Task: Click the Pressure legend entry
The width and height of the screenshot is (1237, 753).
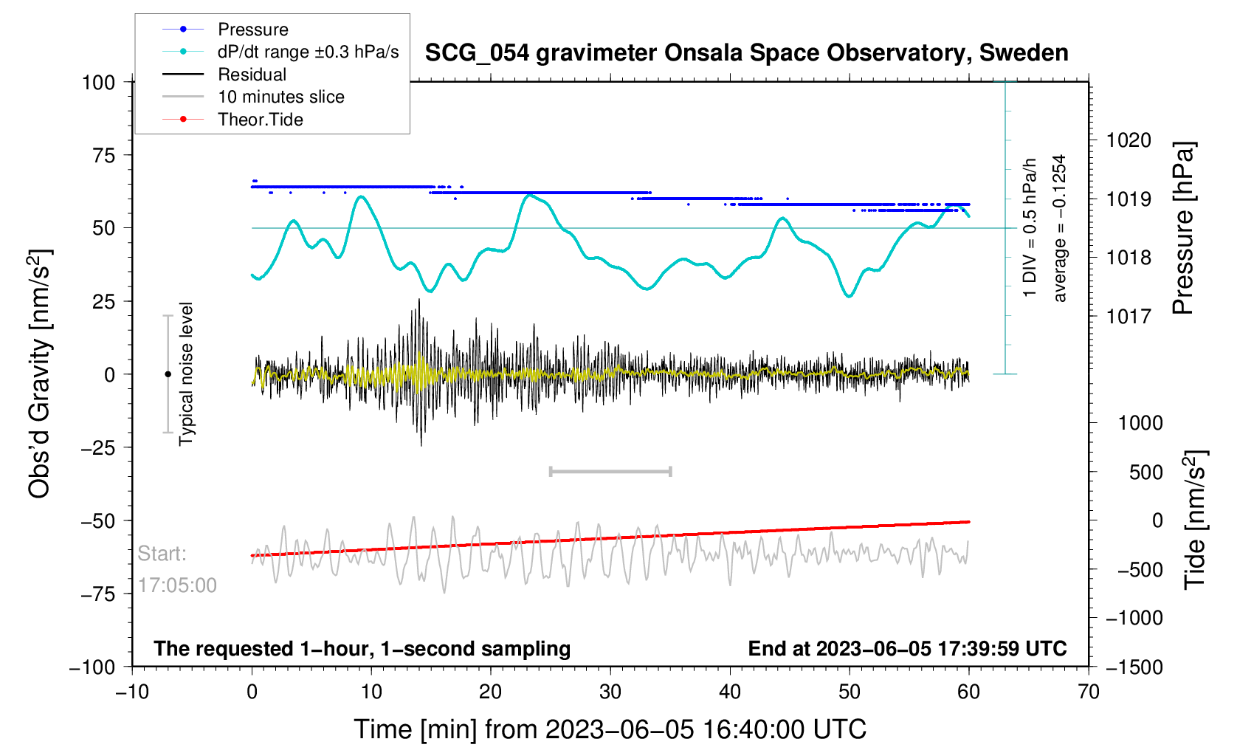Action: click(252, 30)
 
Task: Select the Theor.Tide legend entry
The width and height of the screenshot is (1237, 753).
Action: click(260, 120)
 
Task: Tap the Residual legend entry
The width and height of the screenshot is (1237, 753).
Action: click(252, 75)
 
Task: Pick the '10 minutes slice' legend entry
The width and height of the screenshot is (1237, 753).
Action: click(280, 97)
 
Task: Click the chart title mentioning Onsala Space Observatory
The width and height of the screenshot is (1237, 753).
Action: click(746, 53)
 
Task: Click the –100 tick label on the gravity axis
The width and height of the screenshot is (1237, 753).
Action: click(92, 667)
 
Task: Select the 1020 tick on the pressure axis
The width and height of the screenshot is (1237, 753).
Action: click(1129, 140)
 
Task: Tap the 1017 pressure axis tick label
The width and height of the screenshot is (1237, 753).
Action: click(1129, 317)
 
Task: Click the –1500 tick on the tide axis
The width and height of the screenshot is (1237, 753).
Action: click(1134, 667)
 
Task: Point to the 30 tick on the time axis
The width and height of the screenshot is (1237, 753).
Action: click(610, 692)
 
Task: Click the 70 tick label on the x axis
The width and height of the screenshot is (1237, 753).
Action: click(1089, 692)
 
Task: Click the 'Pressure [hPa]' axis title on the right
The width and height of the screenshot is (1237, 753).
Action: click(1183, 229)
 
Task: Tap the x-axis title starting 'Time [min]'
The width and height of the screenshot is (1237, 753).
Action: click(610, 729)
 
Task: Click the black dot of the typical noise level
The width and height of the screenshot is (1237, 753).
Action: click(168, 374)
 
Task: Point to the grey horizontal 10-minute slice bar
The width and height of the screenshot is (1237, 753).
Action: click(610, 471)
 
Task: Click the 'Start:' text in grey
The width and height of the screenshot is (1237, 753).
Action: click(162, 554)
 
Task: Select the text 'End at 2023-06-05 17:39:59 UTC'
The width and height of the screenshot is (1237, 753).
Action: click(907, 649)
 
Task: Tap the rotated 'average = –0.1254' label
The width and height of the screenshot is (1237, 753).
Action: click(1060, 229)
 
